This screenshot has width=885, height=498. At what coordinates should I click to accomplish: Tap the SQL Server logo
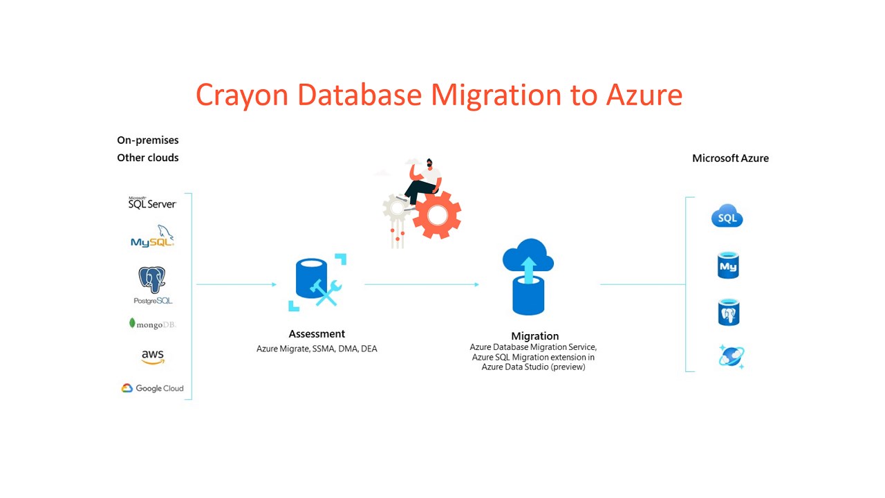coord(152,203)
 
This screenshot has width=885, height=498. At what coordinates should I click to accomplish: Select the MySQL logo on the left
coord(153,237)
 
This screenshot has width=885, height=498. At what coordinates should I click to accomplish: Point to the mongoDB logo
coord(152,324)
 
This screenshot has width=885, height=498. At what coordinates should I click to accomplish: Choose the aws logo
coord(152,357)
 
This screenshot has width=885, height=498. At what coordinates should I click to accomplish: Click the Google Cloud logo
coord(153,388)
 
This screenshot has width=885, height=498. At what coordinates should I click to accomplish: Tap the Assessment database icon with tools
coord(317,282)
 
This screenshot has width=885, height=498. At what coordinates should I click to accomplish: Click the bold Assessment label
coord(317,333)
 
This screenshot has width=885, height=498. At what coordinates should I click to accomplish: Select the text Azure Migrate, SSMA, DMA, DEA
coord(317,349)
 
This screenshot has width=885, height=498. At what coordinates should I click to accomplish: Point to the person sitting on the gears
coord(423,178)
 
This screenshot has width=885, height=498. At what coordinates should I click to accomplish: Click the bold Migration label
coord(534,336)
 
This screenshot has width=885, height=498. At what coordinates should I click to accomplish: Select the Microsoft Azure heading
coord(730,158)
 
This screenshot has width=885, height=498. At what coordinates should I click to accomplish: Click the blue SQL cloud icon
coord(727,217)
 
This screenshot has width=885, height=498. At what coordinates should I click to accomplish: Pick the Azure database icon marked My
coord(728,266)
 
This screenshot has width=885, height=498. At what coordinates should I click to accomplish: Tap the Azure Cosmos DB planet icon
coord(730,356)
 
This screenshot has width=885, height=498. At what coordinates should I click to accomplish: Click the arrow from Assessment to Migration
coord(422,284)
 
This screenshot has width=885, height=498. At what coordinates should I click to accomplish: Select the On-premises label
coord(148,140)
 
